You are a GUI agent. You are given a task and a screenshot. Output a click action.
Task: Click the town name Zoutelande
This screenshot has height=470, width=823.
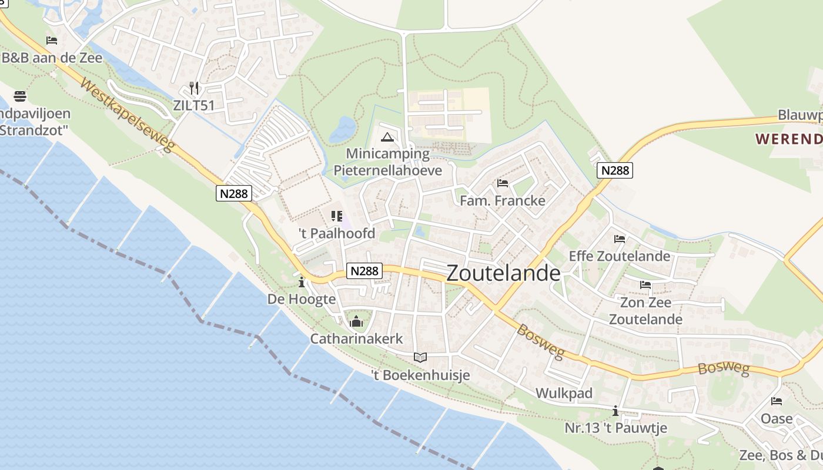coord(503,273)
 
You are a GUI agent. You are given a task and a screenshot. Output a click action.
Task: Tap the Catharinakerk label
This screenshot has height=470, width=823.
coord(356,339)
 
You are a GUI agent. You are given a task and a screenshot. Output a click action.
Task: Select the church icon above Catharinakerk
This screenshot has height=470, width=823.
coord(356,322)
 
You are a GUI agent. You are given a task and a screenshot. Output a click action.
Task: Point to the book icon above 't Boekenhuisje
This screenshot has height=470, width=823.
coord(420,357)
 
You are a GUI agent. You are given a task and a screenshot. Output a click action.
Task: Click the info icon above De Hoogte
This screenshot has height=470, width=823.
coord(302,283)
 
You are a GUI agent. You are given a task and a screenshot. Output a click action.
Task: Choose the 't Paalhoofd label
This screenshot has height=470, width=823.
coord(337,233)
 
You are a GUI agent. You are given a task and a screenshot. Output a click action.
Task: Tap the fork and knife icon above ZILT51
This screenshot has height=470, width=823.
coord(194,88)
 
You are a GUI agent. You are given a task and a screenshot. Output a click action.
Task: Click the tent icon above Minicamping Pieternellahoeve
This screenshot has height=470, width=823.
coord(387,138)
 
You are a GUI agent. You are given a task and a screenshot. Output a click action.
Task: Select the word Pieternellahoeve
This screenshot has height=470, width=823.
coord(387,170)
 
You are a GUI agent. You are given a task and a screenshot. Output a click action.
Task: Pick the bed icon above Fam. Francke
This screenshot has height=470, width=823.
coord(502,183)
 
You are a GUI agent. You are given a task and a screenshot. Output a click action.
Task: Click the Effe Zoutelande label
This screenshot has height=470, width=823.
coord(619,256)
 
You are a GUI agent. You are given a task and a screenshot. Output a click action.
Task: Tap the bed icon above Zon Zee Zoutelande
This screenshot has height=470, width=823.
coord(645,286)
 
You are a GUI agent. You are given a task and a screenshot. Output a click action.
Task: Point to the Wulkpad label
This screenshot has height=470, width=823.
coord(564,393)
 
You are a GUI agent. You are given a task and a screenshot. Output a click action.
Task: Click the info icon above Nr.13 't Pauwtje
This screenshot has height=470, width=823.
coord(615,411)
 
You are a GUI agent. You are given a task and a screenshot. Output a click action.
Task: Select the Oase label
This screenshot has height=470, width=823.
coord(777,419)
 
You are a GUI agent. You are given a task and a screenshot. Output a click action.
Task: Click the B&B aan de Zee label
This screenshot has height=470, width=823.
coord(52,58)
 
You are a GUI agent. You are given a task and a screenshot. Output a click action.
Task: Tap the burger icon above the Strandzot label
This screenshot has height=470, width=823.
coord(19,95)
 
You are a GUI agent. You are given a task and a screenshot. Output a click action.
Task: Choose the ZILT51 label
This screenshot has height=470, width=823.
coord(193,106)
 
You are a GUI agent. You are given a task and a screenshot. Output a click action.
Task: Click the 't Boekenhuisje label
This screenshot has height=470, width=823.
coord(420,375)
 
